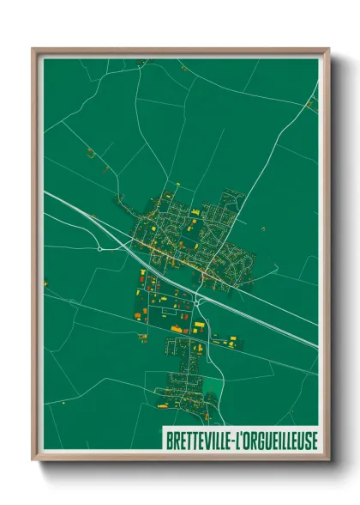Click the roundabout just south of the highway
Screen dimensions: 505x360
tap(198, 301)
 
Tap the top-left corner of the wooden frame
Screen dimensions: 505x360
tap(33, 49)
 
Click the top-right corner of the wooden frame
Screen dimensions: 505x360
tap(328, 49)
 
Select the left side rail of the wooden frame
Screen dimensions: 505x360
tap(35, 258)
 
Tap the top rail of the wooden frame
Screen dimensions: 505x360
tap(180, 51)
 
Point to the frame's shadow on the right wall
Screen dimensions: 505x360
tap(336, 258)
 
